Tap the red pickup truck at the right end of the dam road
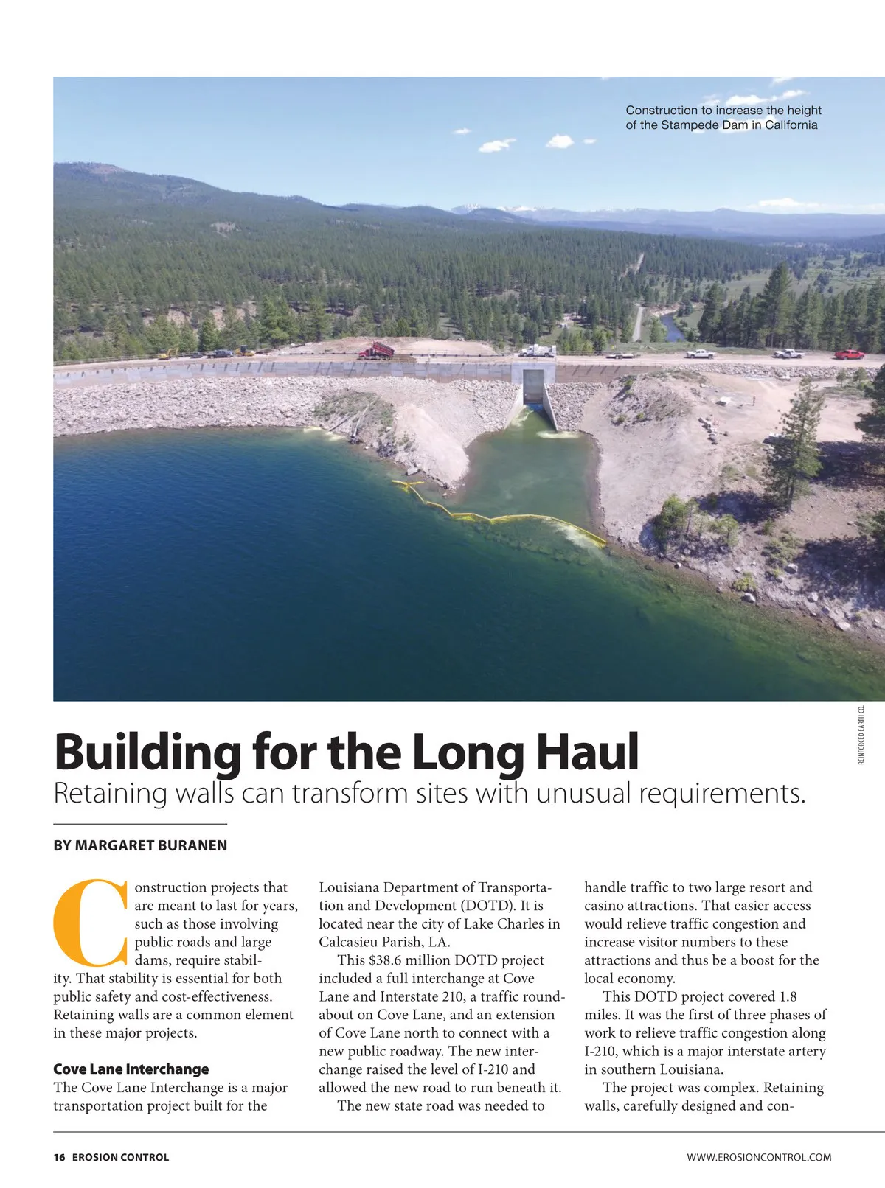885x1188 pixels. (x=850, y=354)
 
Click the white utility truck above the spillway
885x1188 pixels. (x=538, y=352)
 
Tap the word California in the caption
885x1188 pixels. (x=791, y=125)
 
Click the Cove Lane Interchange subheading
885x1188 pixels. (x=131, y=1069)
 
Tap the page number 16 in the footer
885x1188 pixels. (x=59, y=1157)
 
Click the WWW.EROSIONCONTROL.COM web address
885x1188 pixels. (x=759, y=1157)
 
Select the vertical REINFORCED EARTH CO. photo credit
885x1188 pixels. (x=861, y=735)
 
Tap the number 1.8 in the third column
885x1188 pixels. (x=788, y=997)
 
